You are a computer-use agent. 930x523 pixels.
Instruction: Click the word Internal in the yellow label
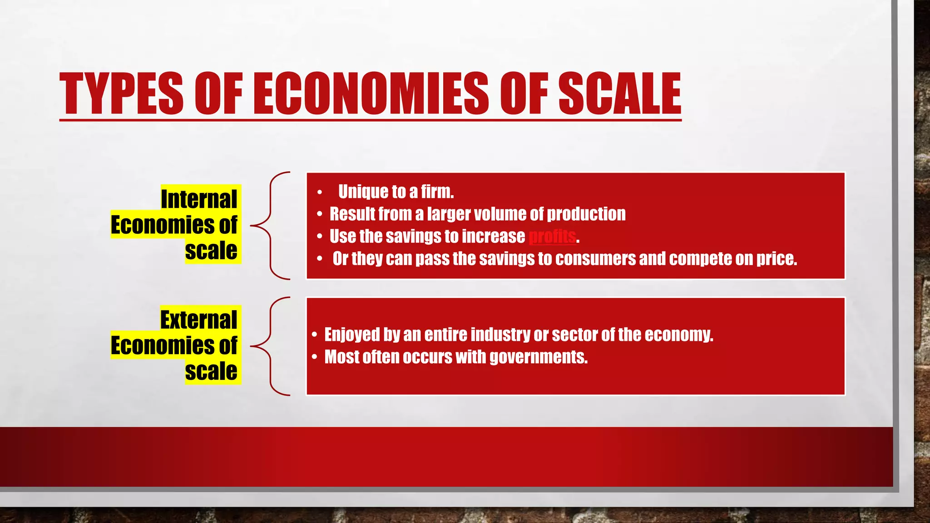tap(199, 199)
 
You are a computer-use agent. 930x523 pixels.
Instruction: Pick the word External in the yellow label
tap(198, 320)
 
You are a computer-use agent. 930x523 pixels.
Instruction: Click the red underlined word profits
tap(552, 237)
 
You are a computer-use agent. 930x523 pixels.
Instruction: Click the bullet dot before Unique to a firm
tap(320, 192)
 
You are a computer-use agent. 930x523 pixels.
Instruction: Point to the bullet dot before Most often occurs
tap(315, 357)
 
